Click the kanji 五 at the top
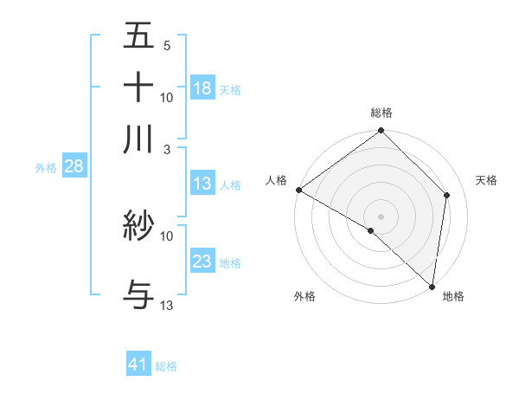(x=138, y=36)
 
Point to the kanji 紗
(x=138, y=227)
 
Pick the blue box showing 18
(x=202, y=88)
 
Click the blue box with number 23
(x=202, y=262)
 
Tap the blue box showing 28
(x=74, y=166)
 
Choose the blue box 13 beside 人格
(x=202, y=184)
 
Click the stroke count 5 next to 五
(x=166, y=45)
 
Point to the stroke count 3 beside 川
(x=166, y=148)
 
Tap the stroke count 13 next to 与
(x=166, y=306)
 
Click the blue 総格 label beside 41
(x=166, y=366)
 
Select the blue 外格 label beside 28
(x=46, y=168)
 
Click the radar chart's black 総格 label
(x=381, y=113)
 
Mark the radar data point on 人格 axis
(x=298, y=190)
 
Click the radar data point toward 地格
(x=432, y=284)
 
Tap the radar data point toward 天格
(x=447, y=195)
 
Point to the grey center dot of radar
(x=381, y=216)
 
